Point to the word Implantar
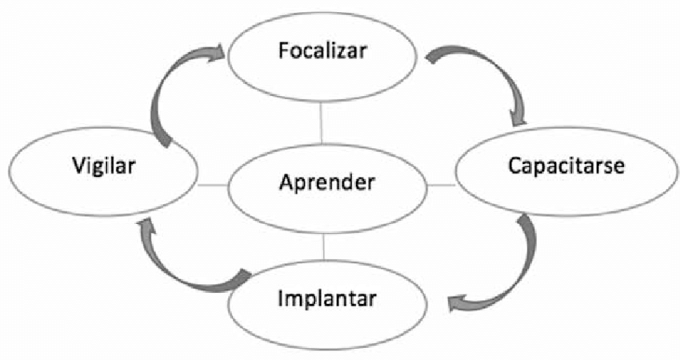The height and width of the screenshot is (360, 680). [326, 301]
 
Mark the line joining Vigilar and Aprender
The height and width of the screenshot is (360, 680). [212, 186]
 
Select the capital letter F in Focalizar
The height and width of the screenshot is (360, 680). [283, 50]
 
